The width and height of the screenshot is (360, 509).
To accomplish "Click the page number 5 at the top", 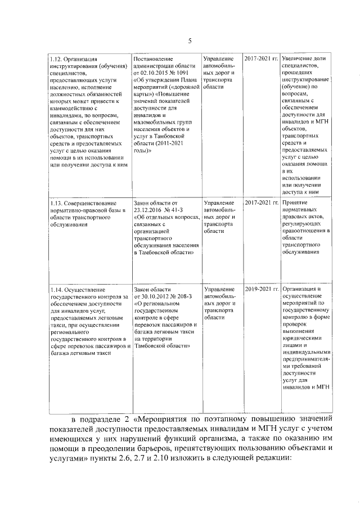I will [190, 40].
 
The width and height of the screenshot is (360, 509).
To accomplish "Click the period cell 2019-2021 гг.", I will [262, 289].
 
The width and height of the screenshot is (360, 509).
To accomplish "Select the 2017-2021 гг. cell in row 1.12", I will [262, 58].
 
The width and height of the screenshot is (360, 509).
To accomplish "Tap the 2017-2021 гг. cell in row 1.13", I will [262, 202].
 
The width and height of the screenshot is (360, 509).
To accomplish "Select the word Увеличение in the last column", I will [299, 58].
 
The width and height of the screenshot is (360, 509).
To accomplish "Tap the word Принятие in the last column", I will [296, 202].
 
